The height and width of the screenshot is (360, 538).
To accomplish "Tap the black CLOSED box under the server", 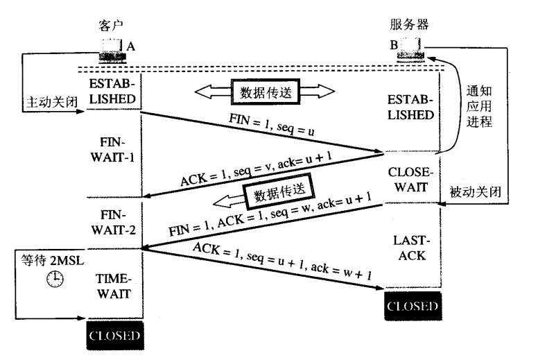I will (x=412, y=305).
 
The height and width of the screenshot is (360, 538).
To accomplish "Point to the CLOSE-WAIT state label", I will (x=412, y=178).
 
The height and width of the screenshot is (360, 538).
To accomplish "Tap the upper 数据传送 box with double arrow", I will (x=263, y=92).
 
